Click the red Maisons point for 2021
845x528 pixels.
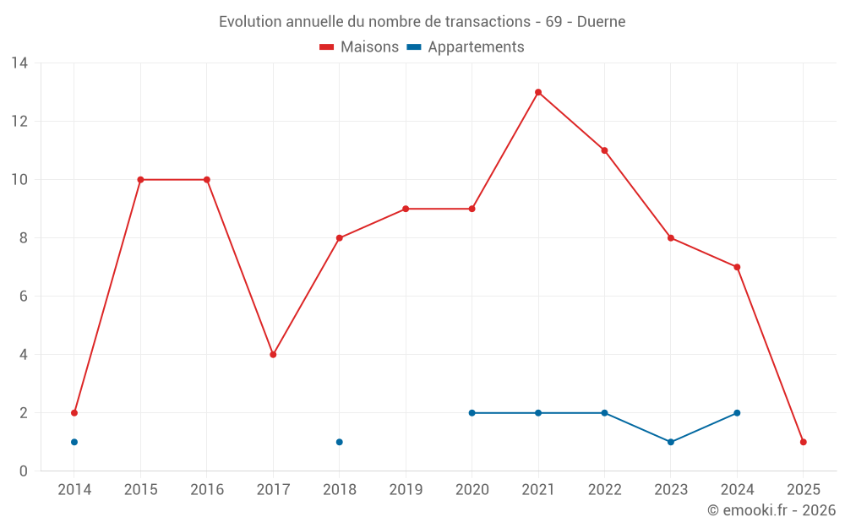(x=538, y=92)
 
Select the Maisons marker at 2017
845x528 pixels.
(x=273, y=355)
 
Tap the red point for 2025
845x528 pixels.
(x=803, y=442)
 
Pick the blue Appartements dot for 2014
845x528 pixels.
(x=74, y=442)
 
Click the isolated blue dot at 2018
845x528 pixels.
(x=340, y=442)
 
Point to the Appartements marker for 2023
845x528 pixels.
(x=671, y=442)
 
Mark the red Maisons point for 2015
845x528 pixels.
(x=140, y=180)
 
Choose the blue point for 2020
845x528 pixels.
(x=472, y=413)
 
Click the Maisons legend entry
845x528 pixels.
(x=359, y=47)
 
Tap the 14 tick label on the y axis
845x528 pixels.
(x=19, y=63)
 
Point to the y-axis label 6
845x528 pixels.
(x=23, y=297)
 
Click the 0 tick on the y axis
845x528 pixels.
(x=23, y=471)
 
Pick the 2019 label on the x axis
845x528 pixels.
(x=406, y=490)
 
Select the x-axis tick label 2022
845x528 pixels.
(x=604, y=490)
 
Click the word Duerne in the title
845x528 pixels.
(x=602, y=22)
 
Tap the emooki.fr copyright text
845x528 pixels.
(x=771, y=510)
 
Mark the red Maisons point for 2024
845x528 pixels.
(x=737, y=267)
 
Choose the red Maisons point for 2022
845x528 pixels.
(x=604, y=150)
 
